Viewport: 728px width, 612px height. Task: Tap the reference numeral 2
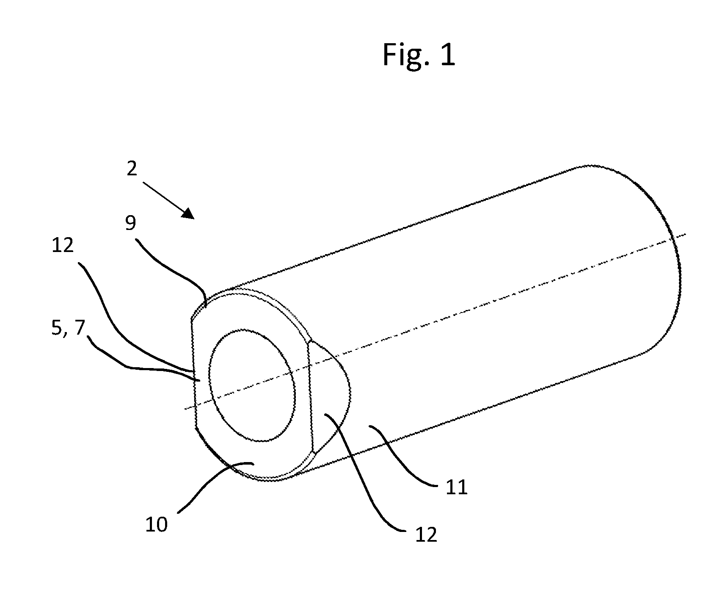point(132,169)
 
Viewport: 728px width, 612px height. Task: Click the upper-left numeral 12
point(63,245)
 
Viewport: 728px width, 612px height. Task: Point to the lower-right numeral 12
point(426,535)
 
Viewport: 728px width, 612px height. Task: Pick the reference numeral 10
point(157,524)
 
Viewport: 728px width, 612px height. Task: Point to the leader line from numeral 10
point(214,483)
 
